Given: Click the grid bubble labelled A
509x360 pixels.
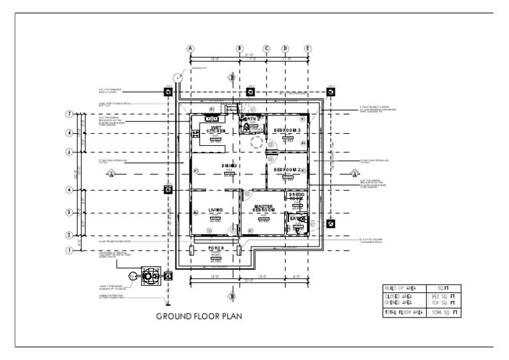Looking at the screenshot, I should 191,48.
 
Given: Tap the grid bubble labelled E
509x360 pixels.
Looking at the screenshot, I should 308,48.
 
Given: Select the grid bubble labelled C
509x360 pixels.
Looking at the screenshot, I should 266,48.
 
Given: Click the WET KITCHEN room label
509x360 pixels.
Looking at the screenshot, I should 216,129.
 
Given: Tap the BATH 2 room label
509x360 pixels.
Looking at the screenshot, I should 251,119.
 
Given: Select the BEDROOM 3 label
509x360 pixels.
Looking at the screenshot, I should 288,131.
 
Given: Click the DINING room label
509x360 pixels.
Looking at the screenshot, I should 229,165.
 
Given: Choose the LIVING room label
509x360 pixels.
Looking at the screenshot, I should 216,210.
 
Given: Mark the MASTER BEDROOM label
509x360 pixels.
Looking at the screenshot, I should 263,208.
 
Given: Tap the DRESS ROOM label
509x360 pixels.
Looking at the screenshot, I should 296,196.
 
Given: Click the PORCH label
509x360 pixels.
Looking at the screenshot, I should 216,249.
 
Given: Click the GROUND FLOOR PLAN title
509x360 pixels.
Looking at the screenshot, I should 199,316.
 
